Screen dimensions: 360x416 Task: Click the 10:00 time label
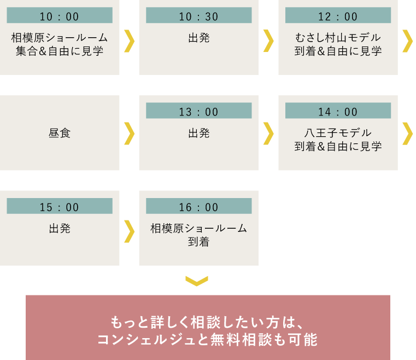click(x=60, y=16)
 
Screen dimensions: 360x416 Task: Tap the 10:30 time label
click(x=198, y=16)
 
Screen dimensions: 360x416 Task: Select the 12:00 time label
click(x=338, y=16)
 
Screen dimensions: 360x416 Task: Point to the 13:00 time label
click(x=198, y=112)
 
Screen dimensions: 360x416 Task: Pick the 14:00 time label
click(x=338, y=112)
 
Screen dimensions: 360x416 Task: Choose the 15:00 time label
click(x=60, y=207)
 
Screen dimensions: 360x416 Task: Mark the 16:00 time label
click(x=198, y=207)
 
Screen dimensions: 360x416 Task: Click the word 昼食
click(x=60, y=133)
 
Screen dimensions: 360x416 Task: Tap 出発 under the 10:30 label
click(x=198, y=38)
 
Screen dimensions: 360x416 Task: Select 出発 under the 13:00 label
click(x=198, y=133)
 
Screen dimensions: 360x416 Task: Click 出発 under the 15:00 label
click(x=60, y=228)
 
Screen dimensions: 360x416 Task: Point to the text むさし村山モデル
click(x=338, y=38)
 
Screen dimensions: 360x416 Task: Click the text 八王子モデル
click(x=338, y=133)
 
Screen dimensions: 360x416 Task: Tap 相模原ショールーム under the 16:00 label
click(x=198, y=228)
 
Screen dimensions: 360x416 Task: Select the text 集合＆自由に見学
click(x=60, y=52)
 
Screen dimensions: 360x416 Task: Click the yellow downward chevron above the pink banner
click(x=197, y=281)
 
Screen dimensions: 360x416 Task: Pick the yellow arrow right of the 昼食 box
click(x=129, y=133)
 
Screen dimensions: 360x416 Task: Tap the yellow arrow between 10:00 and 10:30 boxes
click(x=129, y=40)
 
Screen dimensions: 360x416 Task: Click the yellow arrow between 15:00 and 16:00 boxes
click(x=129, y=230)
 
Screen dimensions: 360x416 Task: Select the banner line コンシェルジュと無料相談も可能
click(x=207, y=340)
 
